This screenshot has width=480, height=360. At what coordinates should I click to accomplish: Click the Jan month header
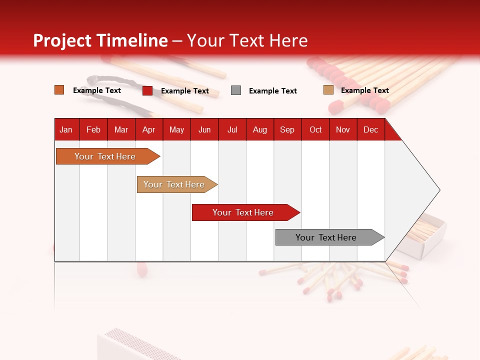coord(66,129)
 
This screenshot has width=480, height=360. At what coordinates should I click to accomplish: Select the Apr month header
coord(149,129)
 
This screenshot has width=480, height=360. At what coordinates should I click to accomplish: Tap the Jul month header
coord(232,129)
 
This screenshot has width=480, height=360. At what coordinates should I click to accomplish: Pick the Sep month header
coord(287,129)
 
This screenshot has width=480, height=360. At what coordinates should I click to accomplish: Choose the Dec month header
coord(370,129)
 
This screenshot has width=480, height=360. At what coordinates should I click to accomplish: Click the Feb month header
coord(93,129)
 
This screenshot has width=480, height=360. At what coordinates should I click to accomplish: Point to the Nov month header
coord(343,129)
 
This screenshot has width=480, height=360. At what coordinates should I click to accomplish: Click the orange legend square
coord(59,90)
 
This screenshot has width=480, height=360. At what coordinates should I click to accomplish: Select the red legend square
coord(147,90)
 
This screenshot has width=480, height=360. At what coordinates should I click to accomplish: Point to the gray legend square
coord(236,90)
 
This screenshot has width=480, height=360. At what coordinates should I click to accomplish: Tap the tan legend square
coord(328,90)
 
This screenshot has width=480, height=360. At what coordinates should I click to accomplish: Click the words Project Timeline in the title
coord(100,40)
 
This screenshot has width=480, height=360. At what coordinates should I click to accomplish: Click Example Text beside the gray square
coord(272,91)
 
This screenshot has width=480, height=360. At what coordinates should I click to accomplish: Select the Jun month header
coord(204,129)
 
